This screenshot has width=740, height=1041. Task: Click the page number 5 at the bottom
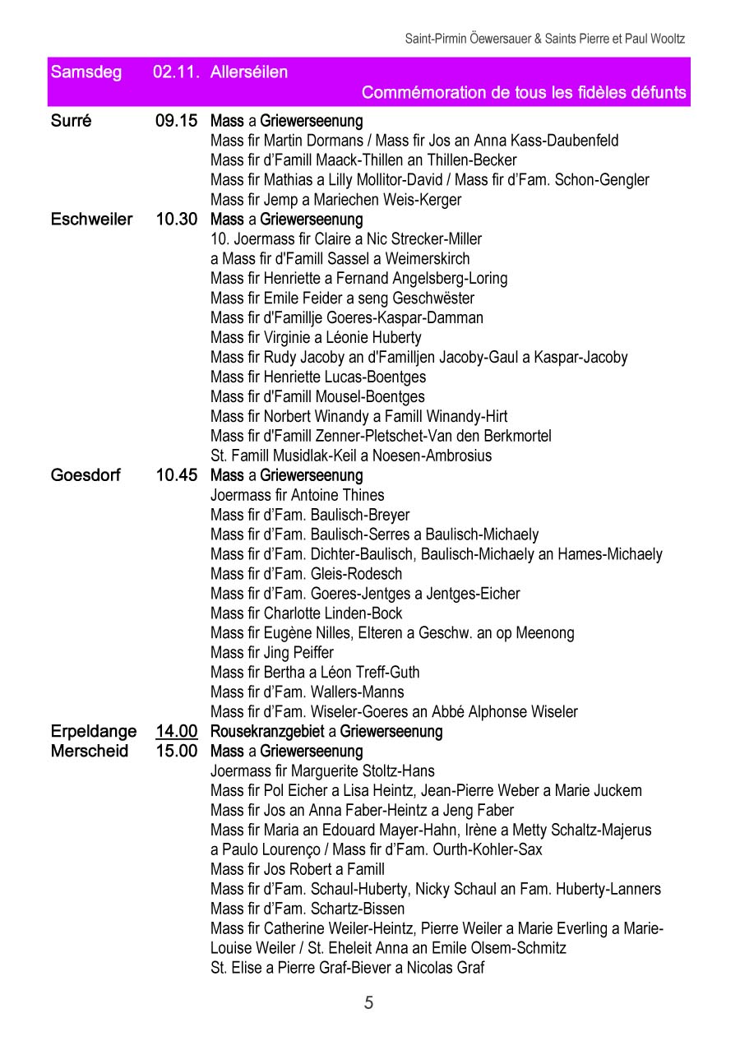click(368, 1002)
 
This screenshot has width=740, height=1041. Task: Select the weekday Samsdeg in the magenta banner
click(86, 72)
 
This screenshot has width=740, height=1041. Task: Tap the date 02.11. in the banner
click(175, 72)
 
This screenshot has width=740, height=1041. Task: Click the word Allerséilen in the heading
click(249, 72)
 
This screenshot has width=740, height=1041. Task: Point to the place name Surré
click(72, 121)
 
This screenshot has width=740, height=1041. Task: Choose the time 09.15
click(176, 121)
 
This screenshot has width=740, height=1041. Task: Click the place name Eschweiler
click(91, 220)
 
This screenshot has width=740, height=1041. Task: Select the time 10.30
click(176, 220)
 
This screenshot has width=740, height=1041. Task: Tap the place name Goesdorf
click(86, 475)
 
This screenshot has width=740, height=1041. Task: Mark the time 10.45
click(176, 475)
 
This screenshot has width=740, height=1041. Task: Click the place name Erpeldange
click(94, 731)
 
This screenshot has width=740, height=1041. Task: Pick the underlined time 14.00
click(176, 731)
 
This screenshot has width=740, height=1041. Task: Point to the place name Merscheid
click(90, 751)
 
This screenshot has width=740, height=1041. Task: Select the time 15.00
click(176, 751)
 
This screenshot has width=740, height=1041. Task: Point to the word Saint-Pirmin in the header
click(432, 39)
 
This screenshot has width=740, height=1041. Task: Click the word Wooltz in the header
click(666, 39)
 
